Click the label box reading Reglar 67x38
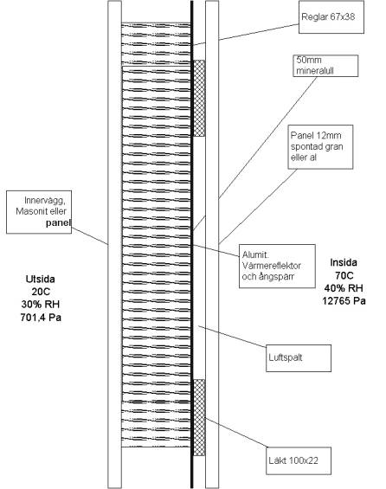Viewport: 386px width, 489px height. click(331, 17)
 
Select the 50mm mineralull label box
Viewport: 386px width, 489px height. click(325, 66)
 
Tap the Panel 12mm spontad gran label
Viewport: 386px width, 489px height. click(320, 147)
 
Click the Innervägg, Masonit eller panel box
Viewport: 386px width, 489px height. click(39, 212)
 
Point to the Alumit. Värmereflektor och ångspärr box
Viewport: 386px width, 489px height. click(277, 266)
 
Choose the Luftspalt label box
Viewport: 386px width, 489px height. click(299, 358)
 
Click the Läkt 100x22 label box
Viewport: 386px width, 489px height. click(299, 461)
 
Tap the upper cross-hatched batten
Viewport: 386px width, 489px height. click(199, 98)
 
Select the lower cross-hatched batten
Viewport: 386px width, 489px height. click(199, 417)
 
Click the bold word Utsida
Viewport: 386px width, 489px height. click(41, 279)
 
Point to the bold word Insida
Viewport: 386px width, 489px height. click(344, 262)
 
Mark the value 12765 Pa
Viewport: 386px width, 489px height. click(344, 301)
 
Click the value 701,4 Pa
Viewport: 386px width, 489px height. click(41, 318)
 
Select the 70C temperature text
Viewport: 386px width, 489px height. click(344, 275)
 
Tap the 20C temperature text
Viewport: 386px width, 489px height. click(41, 292)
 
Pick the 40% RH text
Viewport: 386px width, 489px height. click(344, 288)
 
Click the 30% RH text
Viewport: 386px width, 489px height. click(41, 305)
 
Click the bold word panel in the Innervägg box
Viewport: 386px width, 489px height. click(58, 222)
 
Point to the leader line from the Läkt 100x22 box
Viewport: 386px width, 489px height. click(236, 433)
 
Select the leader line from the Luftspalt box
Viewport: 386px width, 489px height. click(232, 336)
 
